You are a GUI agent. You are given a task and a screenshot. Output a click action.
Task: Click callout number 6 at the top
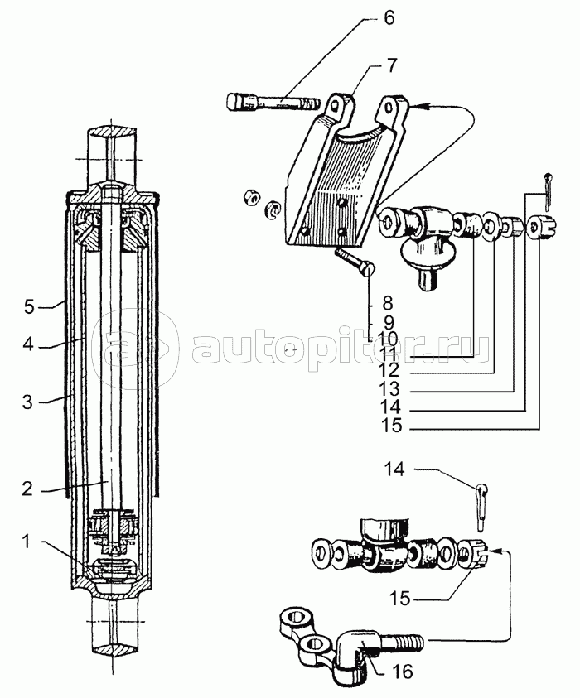coord(389,18)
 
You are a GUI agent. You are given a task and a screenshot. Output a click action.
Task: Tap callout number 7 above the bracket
coord(389,66)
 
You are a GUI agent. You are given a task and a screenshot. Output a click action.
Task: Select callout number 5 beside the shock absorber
coord(29,306)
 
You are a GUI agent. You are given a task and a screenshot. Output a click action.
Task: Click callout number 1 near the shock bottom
coord(27,542)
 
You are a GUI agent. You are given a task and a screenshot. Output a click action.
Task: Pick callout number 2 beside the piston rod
coord(27,489)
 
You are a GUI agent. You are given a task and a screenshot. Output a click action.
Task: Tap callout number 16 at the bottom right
coord(402,671)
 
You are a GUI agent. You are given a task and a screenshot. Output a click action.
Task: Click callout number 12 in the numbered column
coord(389,370)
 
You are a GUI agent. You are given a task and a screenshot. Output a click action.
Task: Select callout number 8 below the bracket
coord(388,304)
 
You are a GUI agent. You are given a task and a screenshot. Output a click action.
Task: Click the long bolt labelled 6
coord(273,103)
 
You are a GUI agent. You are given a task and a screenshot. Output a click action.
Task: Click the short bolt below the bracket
coord(355,263)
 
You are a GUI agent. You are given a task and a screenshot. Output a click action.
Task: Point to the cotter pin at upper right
coord(547,191)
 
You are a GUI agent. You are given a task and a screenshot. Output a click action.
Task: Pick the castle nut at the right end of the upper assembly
coord(542,227)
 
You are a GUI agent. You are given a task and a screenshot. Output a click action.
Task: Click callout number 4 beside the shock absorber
coord(28,344)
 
